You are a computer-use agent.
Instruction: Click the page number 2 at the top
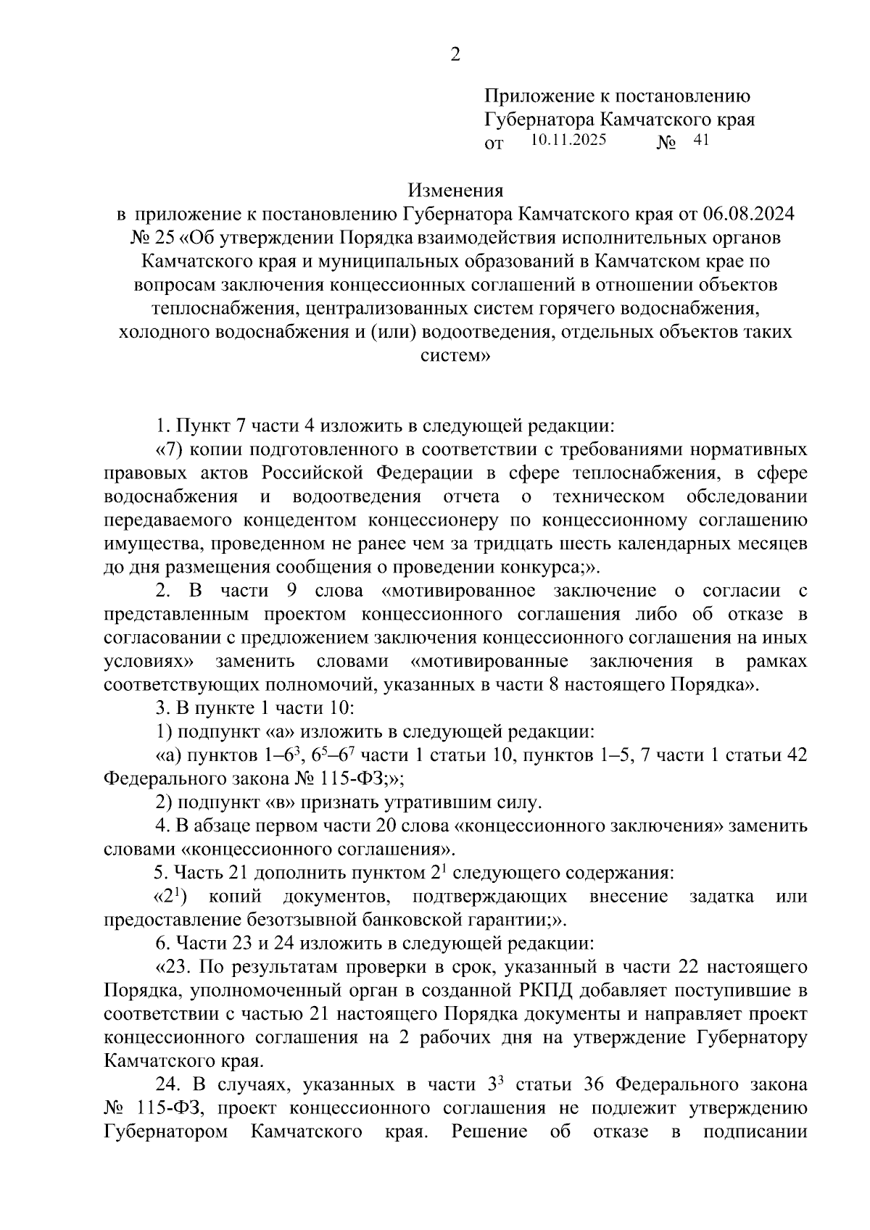point(455,55)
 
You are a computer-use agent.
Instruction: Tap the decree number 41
point(700,141)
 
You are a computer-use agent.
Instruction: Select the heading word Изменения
point(455,191)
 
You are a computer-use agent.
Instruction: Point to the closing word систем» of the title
point(455,356)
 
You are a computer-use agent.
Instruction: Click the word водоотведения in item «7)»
point(357,496)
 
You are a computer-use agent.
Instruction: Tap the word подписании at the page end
point(755,1131)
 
